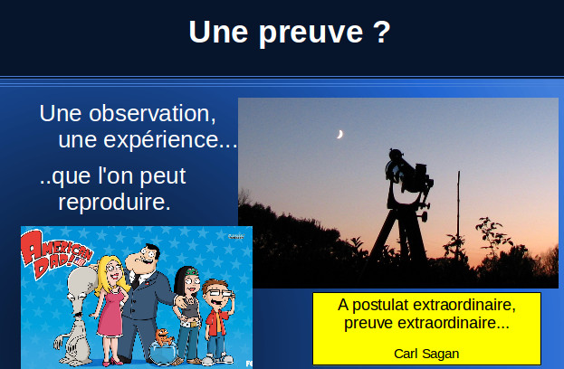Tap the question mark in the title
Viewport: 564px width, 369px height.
point(382,32)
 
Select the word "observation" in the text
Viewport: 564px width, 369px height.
point(152,114)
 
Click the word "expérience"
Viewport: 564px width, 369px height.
point(161,139)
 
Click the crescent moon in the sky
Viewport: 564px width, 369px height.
point(339,135)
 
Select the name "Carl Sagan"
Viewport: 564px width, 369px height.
point(426,354)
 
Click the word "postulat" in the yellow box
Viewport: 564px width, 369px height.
point(380,305)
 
